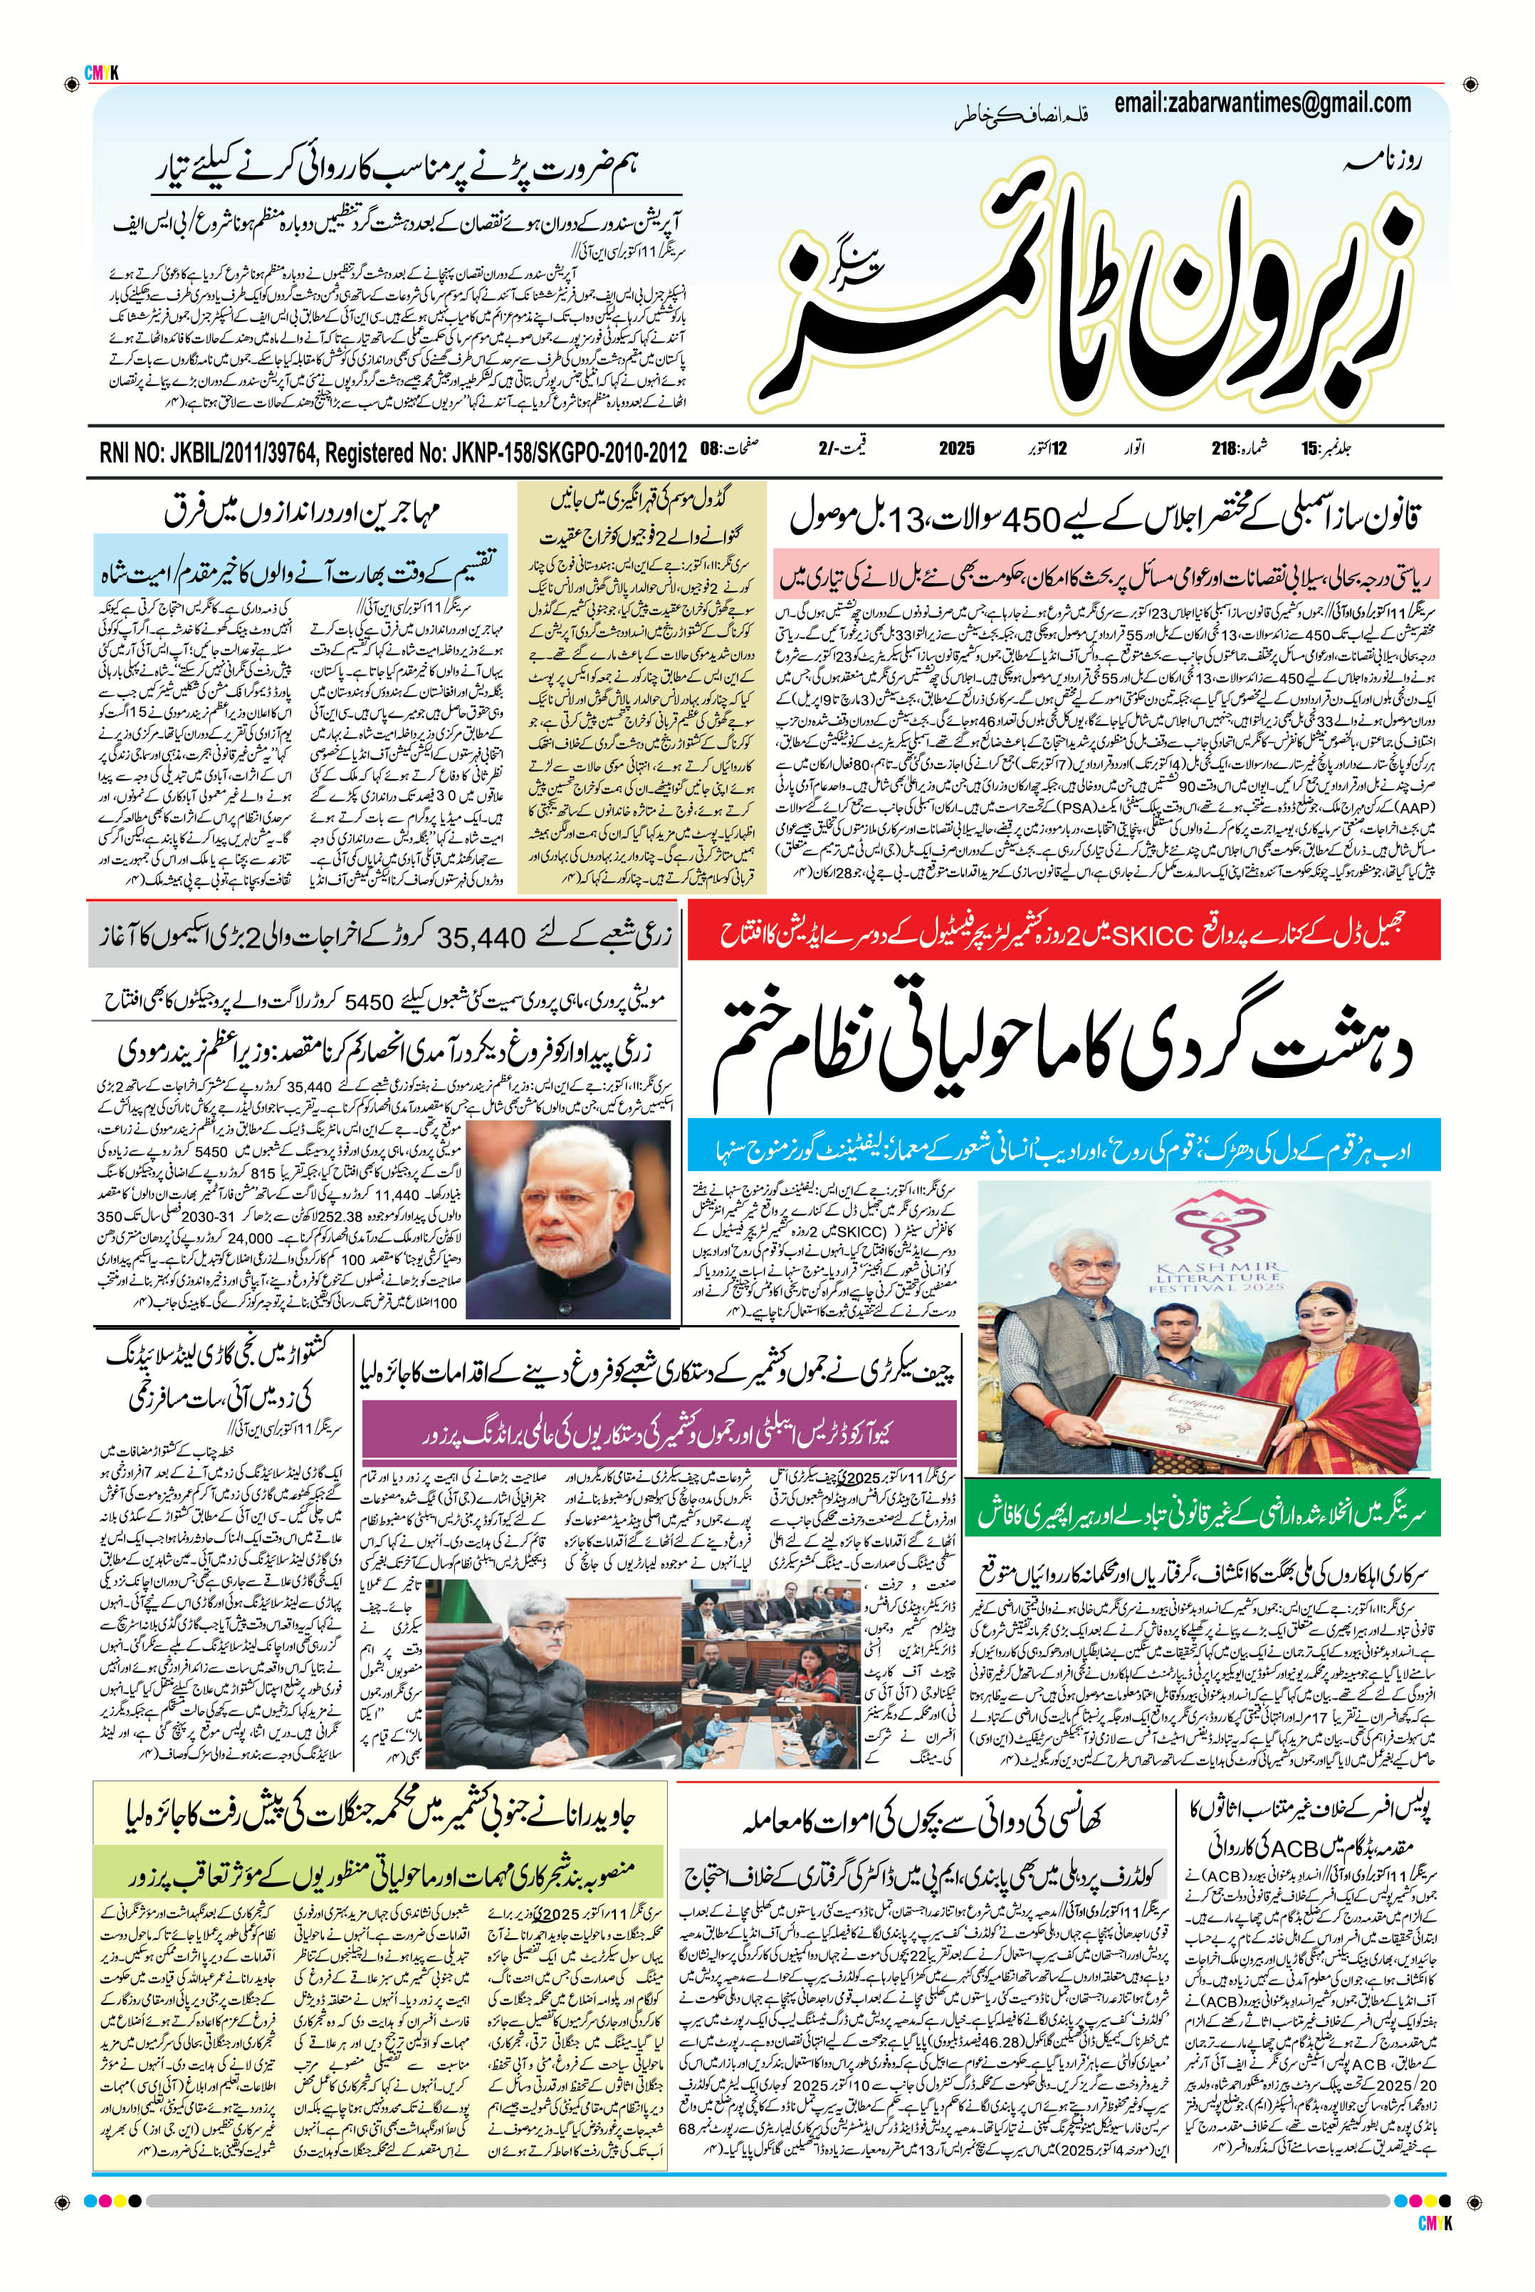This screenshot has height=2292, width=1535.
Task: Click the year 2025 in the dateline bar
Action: [x=956, y=449]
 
